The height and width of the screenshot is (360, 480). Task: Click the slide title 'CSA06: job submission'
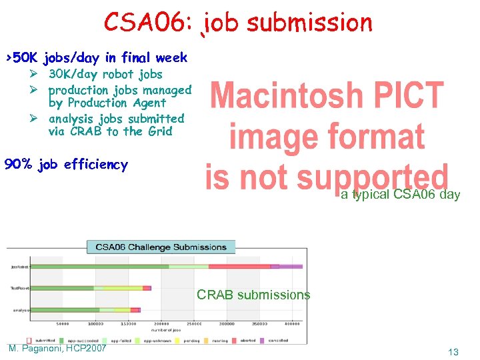(238, 23)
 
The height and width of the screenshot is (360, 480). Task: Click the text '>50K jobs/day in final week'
(96, 57)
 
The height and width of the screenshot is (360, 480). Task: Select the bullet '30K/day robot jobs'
(105, 74)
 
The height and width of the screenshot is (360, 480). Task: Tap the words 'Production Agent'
(117, 103)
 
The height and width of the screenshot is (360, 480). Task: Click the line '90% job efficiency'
(66, 164)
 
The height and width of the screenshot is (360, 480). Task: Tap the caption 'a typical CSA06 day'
(400, 195)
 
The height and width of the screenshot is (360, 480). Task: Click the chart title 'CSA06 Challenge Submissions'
(161, 247)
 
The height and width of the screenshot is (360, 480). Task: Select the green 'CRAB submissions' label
(253, 295)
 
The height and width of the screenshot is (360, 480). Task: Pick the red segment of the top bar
(239, 267)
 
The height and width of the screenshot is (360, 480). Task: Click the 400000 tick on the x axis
(291, 323)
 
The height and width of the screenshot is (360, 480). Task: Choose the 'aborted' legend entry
(248, 340)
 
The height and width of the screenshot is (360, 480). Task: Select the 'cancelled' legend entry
(279, 340)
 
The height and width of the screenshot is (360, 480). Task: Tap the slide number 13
(453, 352)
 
